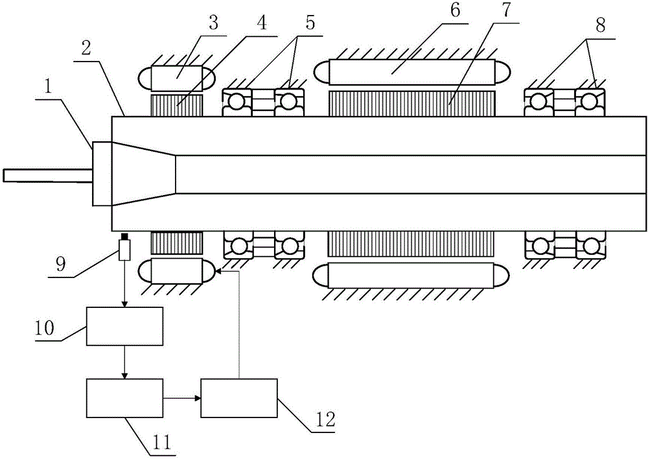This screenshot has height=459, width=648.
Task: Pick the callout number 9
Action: coord(60,263)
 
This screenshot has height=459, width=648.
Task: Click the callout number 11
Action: coord(161,443)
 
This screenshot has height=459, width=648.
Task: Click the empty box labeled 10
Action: coord(124,326)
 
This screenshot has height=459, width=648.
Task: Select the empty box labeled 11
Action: coord(124,398)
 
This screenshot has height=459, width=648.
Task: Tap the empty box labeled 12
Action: coord(239,398)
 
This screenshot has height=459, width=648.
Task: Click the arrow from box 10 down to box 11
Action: coord(124,363)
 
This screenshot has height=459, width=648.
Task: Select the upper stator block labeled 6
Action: coord(412,72)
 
